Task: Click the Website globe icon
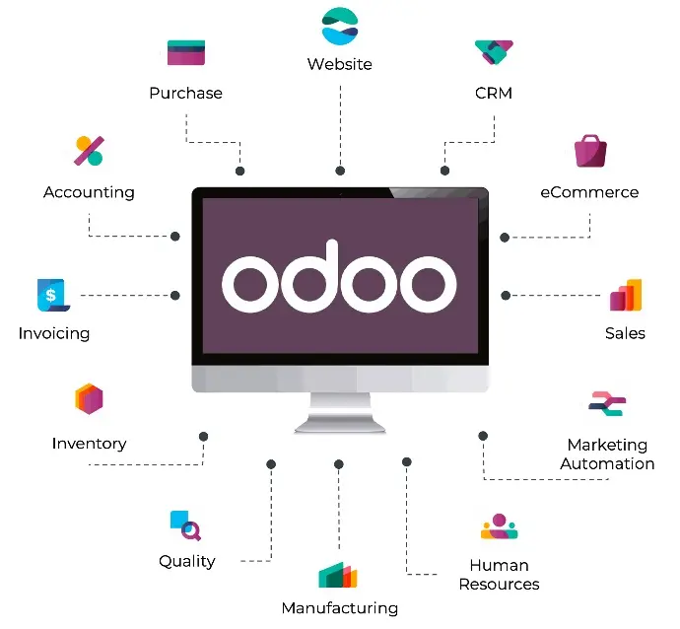click(340, 26)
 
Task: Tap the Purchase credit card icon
click(186, 52)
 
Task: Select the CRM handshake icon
click(494, 52)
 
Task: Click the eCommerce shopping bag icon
click(590, 151)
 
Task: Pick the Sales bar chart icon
click(626, 295)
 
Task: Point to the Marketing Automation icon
click(607, 403)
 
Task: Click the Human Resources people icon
click(499, 525)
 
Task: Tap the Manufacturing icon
click(338, 575)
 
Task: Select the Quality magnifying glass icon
click(185, 525)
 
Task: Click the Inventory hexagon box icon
click(89, 398)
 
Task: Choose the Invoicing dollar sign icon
click(53, 295)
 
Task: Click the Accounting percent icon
click(90, 151)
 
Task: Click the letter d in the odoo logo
click(309, 276)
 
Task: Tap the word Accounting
click(89, 192)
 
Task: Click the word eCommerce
click(589, 192)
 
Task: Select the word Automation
click(607, 463)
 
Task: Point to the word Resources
click(499, 585)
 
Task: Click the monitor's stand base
click(340, 424)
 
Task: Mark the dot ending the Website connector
click(340, 171)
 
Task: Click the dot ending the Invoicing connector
click(175, 296)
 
